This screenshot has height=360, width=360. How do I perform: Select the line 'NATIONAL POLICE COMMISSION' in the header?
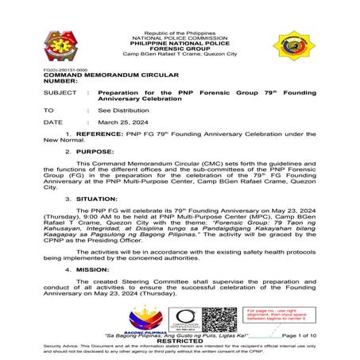[x=180, y=37]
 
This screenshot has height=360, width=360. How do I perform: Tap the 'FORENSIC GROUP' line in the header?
[x=180, y=48]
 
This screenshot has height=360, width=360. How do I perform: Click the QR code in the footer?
[x=218, y=319]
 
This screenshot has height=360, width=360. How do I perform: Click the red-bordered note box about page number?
[x=274, y=315]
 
